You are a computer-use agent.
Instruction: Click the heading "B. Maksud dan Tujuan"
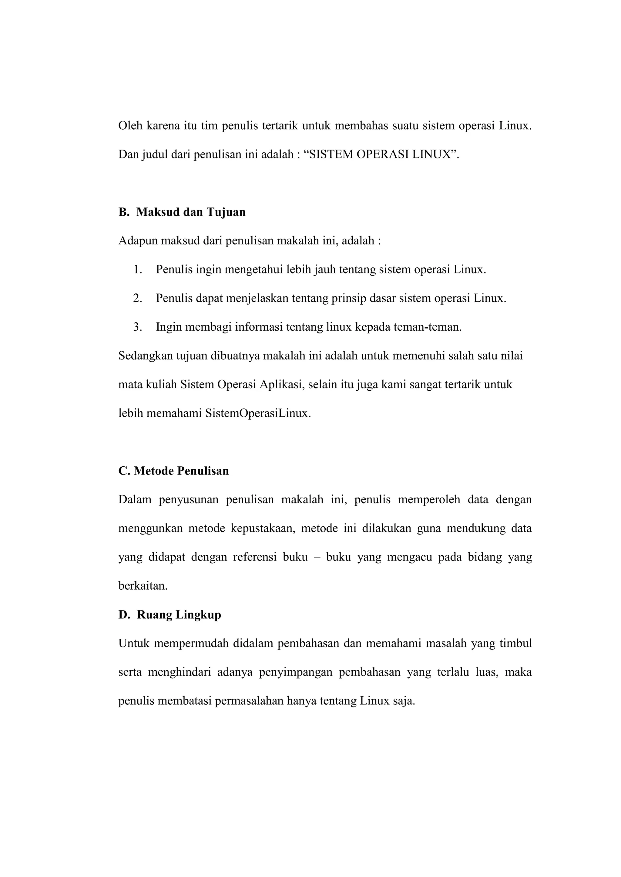point(182,212)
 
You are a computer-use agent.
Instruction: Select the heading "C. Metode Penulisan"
point(174,471)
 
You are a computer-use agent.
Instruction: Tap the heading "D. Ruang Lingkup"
point(170,615)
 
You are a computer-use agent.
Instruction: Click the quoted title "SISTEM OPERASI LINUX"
point(379,154)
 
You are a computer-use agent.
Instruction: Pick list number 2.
point(137,298)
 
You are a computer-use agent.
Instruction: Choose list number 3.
point(137,327)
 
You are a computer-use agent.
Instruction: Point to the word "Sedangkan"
point(145,356)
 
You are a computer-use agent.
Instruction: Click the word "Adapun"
point(138,241)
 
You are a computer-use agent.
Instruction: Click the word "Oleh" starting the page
point(130,126)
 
